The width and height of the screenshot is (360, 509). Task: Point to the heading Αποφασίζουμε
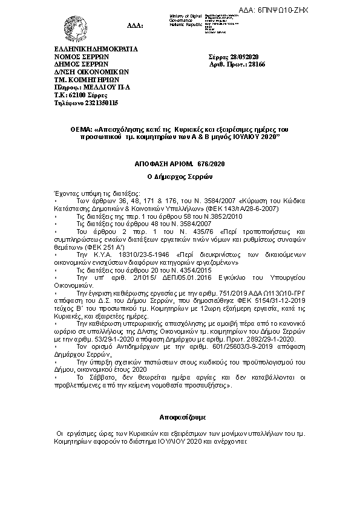pyautogui.click(x=179, y=417)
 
